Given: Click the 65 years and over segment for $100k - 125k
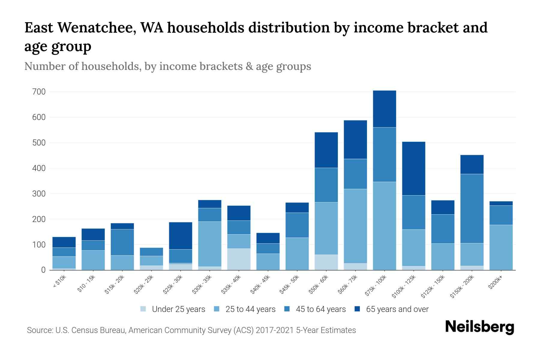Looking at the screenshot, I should coord(413,168).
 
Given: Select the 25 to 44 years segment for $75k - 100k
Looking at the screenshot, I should coord(384,226).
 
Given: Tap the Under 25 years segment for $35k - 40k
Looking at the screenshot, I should coord(239,259).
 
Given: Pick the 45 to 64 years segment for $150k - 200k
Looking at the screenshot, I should coord(472,208).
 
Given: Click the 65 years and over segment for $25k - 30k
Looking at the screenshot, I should coord(181,235).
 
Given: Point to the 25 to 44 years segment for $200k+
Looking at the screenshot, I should coord(501,247).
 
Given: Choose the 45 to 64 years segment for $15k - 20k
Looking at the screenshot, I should coord(122,242).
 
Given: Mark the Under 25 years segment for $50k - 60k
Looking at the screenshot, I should coord(326,262).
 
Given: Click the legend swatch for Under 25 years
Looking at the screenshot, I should coord(143,309).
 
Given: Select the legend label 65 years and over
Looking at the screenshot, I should coord(397,309).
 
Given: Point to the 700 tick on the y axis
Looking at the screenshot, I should coord(39,92).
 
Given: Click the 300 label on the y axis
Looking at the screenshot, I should coord(39,194).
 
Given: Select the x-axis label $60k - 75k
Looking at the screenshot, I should coord(348,284).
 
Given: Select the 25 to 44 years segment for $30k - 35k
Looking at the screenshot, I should coord(210,244).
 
